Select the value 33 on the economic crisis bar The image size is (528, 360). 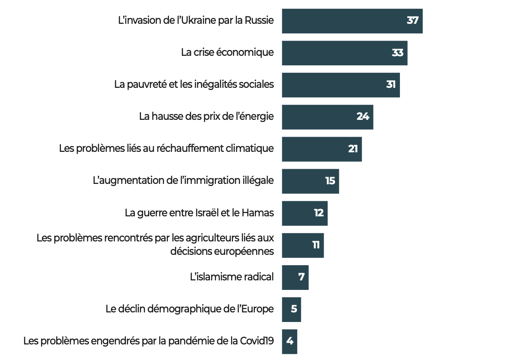coord(397,53)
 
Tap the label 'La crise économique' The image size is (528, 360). coord(227,52)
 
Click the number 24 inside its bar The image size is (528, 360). coord(363,116)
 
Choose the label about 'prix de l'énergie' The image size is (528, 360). coord(206,116)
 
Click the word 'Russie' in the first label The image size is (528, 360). coord(259,20)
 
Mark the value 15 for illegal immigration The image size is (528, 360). coord(330,181)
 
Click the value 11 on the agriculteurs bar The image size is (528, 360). coord(316,245)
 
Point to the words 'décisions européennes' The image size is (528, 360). coord(222,251)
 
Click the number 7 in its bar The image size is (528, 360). coord(301,277)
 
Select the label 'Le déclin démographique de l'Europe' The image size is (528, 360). coord(190,309)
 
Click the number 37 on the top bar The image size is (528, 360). coord(412,20)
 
